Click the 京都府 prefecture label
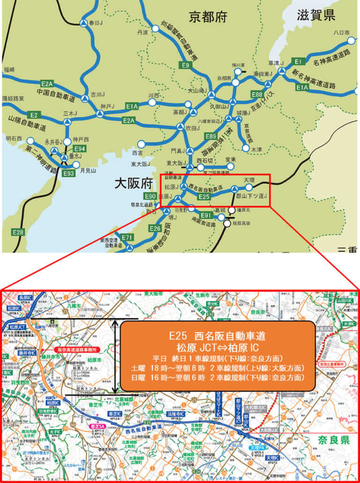208,17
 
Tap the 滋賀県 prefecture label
315,15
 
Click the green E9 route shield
186,65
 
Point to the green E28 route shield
18,231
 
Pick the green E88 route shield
257,95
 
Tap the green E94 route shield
80,149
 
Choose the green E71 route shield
127,238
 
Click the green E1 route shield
298,61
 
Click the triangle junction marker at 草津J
282,71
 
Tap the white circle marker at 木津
246,149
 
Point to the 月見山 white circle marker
76,165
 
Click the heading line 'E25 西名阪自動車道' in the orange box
217,336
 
